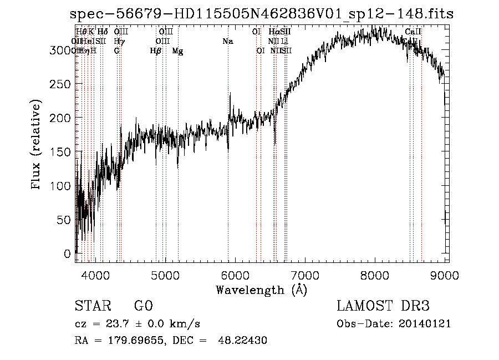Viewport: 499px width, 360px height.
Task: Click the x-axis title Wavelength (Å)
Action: tap(261, 290)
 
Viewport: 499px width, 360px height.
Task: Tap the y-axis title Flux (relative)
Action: tap(37, 145)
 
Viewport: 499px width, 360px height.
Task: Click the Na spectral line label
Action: tap(227, 41)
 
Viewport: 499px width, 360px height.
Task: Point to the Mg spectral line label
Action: tap(177, 50)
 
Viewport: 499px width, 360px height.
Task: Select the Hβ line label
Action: tap(156, 50)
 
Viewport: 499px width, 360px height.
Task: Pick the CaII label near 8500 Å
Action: tap(413, 32)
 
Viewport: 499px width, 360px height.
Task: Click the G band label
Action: tap(116, 50)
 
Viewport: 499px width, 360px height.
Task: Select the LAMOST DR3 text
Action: tap(383, 306)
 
